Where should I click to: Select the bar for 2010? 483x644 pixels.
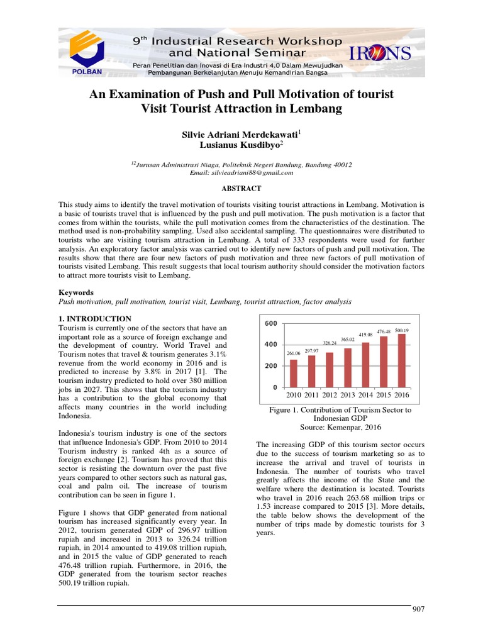pos(293,372)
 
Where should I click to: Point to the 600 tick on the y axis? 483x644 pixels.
pos(270,323)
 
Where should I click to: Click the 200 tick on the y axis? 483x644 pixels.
pos(270,366)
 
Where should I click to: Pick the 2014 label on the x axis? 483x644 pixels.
pos(366,395)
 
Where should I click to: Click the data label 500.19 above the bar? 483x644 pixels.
pos(402,330)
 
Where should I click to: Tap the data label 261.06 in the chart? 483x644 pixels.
pos(293,353)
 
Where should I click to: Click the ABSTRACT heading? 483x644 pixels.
pos(241,189)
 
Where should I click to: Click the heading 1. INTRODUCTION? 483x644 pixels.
pos(95,319)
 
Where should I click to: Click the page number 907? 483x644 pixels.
pos(419,609)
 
